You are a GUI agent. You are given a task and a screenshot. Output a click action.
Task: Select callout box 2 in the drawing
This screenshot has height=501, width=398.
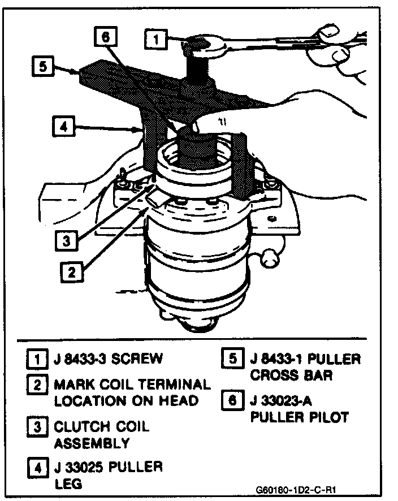point(71,272)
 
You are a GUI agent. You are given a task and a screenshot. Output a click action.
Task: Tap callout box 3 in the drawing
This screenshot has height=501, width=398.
point(67,240)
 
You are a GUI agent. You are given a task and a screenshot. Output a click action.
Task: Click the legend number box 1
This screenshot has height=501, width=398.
point(36,359)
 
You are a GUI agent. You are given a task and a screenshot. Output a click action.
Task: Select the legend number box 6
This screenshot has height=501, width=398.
point(231,401)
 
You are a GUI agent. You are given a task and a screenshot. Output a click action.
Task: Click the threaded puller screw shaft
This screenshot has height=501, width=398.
point(198,71)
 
